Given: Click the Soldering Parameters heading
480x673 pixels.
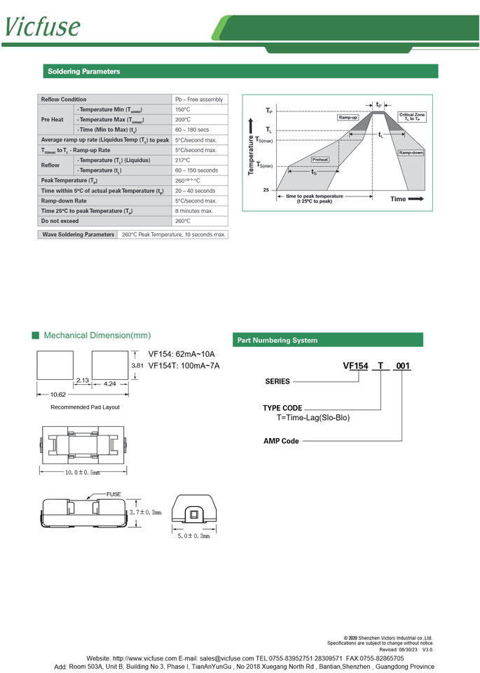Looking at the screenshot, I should click(83, 72).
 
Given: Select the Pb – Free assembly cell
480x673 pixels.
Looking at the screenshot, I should click(199, 100).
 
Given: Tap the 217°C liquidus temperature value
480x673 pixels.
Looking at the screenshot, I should click(183, 161).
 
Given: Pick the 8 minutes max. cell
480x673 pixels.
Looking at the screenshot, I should click(194, 211).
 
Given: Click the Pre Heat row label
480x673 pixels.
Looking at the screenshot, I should click(53, 120).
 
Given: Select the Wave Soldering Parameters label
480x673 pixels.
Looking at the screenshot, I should click(78, 234).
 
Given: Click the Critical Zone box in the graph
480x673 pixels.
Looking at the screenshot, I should click(411, 117).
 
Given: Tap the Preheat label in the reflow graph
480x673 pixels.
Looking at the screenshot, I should click(320, 160).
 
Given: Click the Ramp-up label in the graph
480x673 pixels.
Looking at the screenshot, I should click(348, 118).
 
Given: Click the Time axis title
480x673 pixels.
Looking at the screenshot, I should click(398, 199).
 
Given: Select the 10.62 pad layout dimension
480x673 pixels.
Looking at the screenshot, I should click(57, 394).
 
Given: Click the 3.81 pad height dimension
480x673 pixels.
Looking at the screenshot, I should click(137, 366).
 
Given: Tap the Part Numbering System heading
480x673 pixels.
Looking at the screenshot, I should click(277, 340).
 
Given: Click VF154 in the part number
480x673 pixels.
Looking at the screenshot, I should click(355, 366).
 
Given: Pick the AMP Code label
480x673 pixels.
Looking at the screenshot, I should click(281, 441).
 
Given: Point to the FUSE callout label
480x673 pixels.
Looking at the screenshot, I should click(114, 494).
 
